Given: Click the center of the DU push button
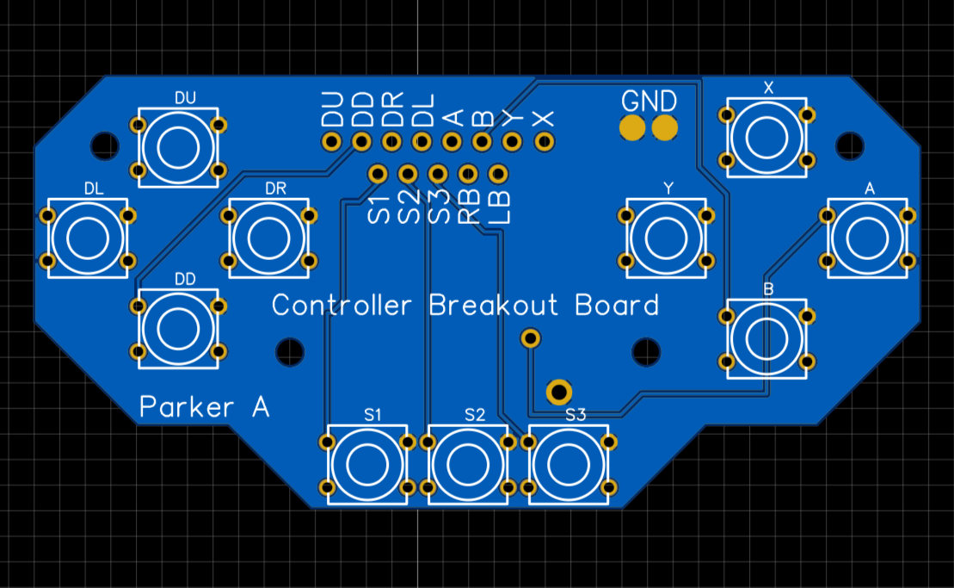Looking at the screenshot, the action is click(178, 147).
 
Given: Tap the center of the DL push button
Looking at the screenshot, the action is click(88, 238).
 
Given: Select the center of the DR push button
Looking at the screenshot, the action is click(268, 238).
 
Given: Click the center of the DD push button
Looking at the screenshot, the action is click(178, 329).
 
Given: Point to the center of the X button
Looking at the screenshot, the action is click(766, 137).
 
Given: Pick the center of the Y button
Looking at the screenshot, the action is click(666, 238).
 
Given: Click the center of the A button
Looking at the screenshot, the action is click(867, 238).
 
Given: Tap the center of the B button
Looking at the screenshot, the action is click(766, 338).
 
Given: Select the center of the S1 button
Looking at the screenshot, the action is click(367, 464).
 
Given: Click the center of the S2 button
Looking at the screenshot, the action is click(468, 464).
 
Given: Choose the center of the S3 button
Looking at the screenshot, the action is click(569, 464).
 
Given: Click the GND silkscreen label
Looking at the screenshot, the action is click(649, 101).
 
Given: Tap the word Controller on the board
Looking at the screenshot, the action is click(342, 305).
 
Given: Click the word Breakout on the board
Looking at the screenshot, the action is click(493, 305).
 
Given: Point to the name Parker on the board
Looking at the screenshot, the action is click(186, 406).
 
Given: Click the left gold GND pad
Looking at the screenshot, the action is click(632, 127).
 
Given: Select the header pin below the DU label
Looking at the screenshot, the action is click(331, 142).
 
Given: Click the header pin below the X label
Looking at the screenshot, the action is click(544, 142).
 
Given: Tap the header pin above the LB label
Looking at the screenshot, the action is click(498, 174).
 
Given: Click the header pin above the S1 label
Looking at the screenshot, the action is click(378, 174).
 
